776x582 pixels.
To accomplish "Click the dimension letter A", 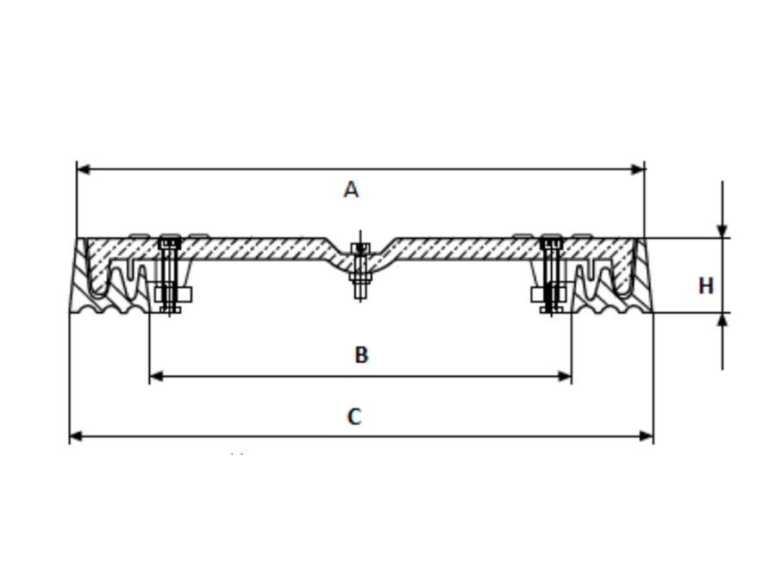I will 350,190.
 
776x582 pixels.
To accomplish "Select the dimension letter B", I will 361,354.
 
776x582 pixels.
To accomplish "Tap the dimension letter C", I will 354,417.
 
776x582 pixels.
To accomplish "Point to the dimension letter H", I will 705,285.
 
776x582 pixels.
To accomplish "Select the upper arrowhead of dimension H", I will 723,230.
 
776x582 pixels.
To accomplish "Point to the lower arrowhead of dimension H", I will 723,320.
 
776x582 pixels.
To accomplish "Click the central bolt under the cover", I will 361,272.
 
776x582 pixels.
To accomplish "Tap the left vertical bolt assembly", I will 170,274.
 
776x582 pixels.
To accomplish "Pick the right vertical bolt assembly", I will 551,274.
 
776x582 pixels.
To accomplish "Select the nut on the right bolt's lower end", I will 550,307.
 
